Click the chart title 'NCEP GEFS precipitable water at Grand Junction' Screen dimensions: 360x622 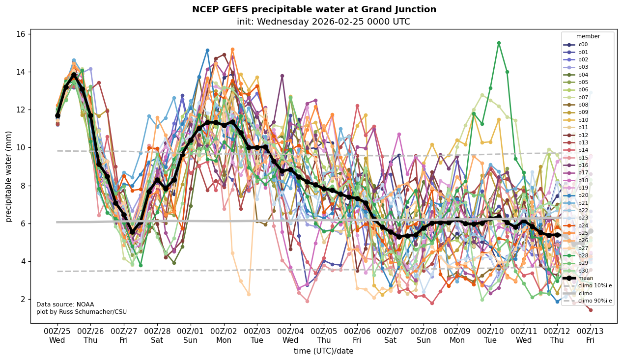point(314,9)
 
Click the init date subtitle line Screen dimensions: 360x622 point(323,22)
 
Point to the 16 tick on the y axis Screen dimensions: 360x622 point(22,34)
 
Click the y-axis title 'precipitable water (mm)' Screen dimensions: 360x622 point(9,176)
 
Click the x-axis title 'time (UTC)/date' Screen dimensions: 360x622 point(323,351)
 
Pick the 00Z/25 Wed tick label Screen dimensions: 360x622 point(57,335)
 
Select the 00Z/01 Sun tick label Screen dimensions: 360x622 point(191,335)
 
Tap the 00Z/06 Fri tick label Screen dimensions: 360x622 point(357,335)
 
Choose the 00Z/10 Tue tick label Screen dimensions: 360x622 point(490,335)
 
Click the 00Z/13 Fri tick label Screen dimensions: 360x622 point(591,335)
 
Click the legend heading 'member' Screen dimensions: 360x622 point(588,36)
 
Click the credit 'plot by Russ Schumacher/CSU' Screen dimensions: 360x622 point(82,312)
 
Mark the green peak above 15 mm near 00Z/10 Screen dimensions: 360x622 point(499,43)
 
